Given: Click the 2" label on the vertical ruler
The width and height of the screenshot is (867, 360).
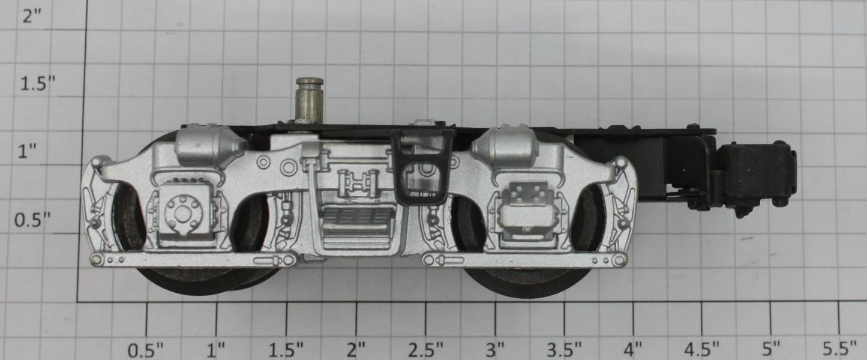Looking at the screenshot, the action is tap(32, 16).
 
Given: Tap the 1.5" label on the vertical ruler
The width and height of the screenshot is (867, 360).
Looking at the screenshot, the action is tap(38, 83).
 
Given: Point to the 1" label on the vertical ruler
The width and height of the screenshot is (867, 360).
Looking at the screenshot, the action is tap(27, 152).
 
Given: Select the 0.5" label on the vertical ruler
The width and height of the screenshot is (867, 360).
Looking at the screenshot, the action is tap(32, 220).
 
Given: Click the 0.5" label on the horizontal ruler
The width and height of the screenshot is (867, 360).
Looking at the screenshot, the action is tap(146, 350).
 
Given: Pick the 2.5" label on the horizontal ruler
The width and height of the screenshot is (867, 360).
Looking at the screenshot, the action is tap(425, 350).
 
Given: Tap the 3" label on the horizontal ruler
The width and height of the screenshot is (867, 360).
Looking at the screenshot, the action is tap(496, 350).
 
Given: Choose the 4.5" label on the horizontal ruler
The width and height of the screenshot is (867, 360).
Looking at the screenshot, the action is tap(701, 350).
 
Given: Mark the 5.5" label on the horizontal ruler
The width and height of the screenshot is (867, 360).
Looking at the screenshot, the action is tap(839, 350).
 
